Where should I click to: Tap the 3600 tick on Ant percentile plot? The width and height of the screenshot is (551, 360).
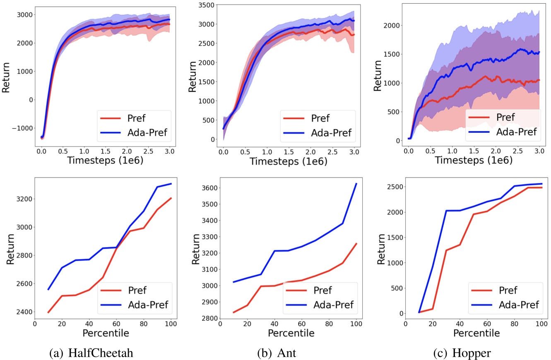[207, 188]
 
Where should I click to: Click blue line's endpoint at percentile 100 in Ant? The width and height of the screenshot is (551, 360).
[356, 184]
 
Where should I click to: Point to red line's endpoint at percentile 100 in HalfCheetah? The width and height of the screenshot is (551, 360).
[171, 198]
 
